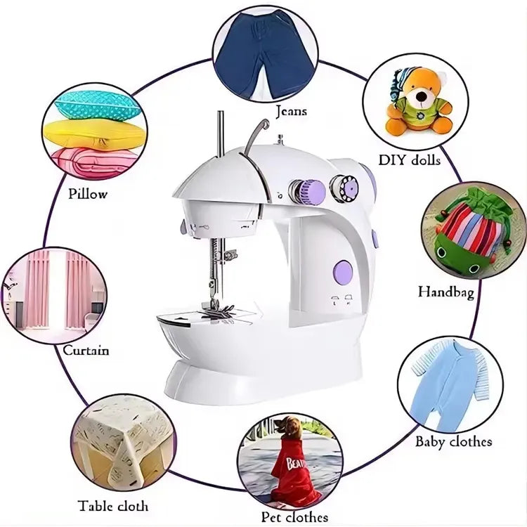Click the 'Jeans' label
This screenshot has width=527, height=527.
coord(290,111)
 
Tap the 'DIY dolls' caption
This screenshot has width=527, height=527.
coord(409,160)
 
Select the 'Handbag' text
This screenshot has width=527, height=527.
coord(445,291)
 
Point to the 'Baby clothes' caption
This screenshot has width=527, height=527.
coord(453,442)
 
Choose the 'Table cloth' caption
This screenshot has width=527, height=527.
coord(113,505)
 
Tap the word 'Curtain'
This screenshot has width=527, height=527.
coord(86,350)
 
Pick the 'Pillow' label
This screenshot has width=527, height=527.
coord(88,193)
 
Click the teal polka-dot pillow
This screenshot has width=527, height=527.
coord(96,105)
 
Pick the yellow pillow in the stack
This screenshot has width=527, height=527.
coord(95,133)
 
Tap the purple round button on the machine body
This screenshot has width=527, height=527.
coord(342,272)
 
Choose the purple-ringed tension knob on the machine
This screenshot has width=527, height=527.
coord(308,190)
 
